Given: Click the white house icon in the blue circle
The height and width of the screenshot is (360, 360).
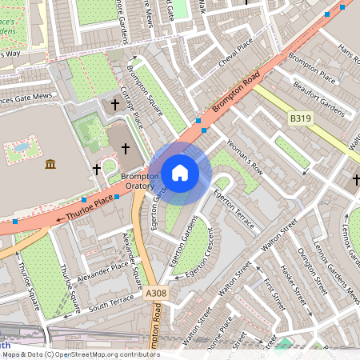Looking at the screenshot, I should coord(180,172).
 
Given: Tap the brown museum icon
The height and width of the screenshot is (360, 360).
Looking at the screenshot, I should coord(51,164).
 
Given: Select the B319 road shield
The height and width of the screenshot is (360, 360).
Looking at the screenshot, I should coord(300,118).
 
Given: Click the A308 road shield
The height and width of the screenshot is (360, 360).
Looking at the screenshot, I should coord(157,294).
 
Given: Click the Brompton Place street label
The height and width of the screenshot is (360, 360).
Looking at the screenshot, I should coord(311,68).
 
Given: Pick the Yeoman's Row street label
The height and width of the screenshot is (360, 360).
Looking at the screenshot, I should coord(245,155).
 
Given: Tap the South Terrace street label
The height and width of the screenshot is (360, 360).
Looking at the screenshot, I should coord(111,302).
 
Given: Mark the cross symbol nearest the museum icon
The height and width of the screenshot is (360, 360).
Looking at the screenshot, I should coord(97,169).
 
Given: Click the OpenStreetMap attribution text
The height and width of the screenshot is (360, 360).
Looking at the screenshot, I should coord(80,354).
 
